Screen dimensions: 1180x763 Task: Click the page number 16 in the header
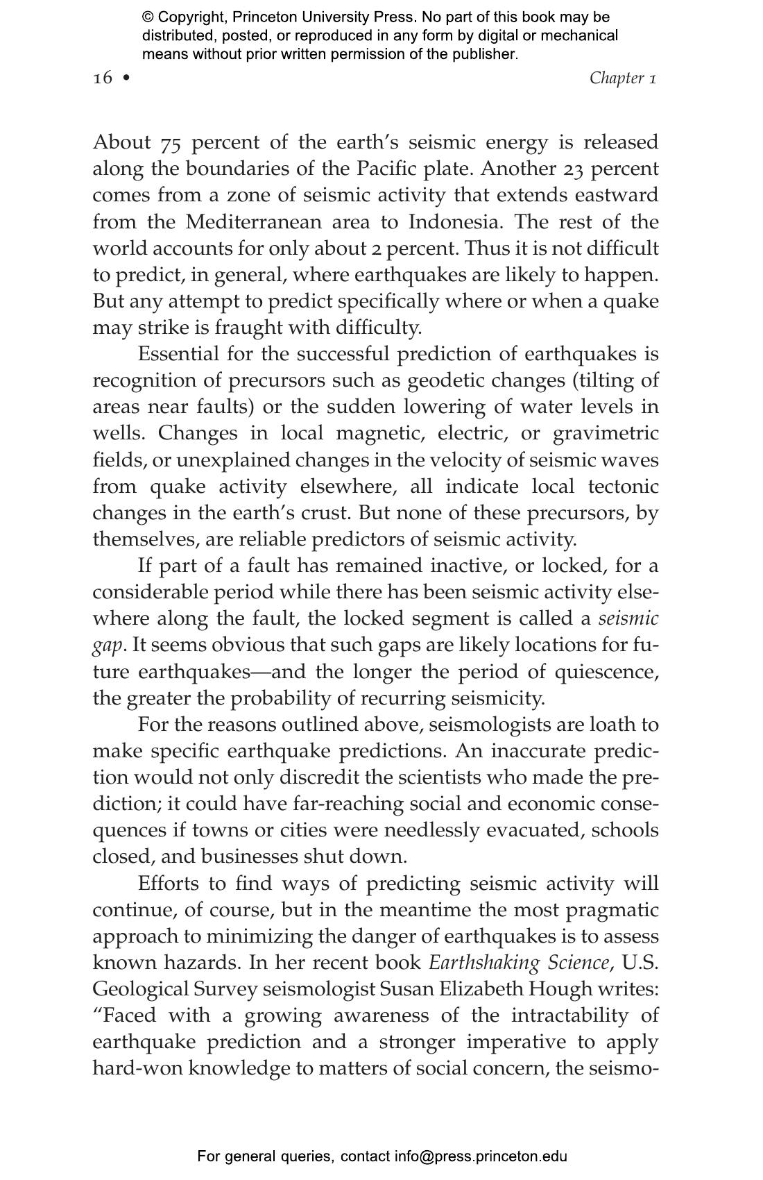pyautogui.click(x=102, y=78)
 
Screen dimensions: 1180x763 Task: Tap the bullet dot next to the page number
pyautogui.click(x=126, y=78)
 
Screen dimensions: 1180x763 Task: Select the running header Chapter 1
pyautogui.click(x=622, y=78)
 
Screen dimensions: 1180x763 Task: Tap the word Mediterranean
pyautogui.click(x=254, y=222)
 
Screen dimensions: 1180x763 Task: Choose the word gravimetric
pyautogui.click(x=606, y=434)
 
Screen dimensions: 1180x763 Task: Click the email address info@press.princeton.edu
pyautogui.click(x=481, y=1156)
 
